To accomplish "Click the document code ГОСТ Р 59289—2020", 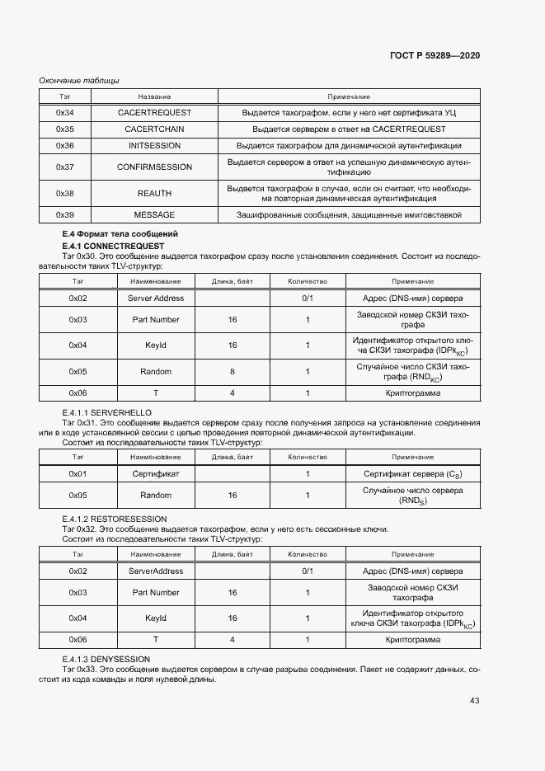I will pos(435,55).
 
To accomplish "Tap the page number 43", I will pos(474,701).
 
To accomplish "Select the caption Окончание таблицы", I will pos(79,80).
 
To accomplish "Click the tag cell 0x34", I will pos(65,112).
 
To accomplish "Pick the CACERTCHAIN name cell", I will pos(154,129).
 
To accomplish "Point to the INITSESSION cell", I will pos(154,145).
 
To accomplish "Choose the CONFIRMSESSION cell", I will pos(154,167).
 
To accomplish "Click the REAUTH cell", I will pos(154,193).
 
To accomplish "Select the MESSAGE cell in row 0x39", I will pos(154,214).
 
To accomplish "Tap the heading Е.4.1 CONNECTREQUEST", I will pos(113,246).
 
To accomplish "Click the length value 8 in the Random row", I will pos(232,372).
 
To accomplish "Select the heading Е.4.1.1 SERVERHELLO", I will pos(107,412).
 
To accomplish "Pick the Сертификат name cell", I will pos(156,474).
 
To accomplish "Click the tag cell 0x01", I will pos(78,474).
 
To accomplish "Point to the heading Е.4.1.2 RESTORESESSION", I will pos(115,518).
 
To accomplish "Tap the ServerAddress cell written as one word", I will pos(156,571).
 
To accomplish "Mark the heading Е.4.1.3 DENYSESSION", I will pos(106,659).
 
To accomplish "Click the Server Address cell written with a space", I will pos(156,298).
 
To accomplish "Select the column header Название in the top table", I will pos(154,97).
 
